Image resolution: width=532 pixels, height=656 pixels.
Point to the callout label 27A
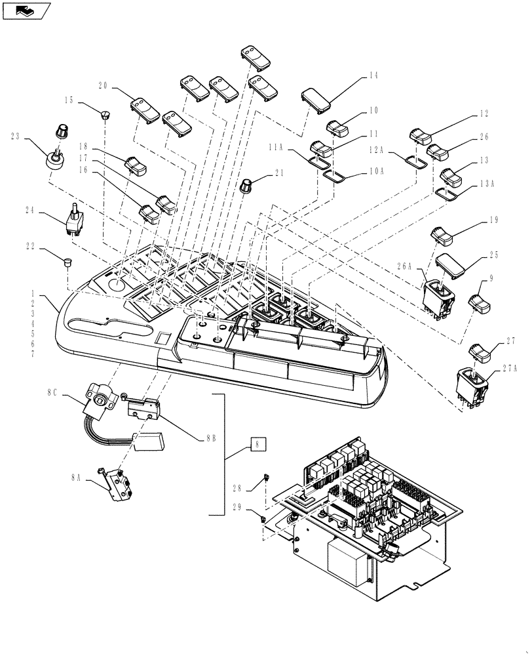511,369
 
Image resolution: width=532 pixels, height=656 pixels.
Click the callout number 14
373,76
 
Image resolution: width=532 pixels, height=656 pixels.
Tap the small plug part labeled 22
66,262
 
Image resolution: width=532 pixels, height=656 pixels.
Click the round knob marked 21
248,186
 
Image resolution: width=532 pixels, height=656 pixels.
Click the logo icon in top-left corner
27,10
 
